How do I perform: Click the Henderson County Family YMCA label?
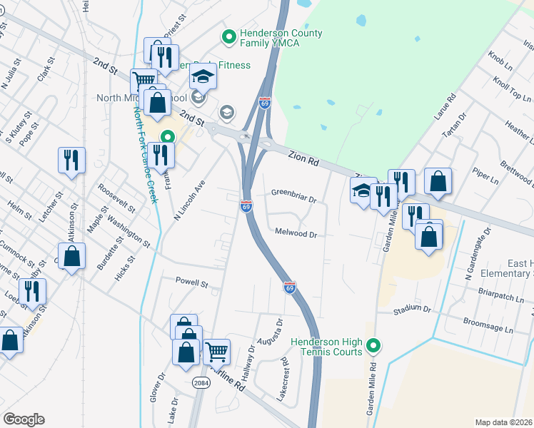click(x=281, y=39)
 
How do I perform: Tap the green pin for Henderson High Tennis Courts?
click(x=372, y=347)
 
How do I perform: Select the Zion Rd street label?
click(x=303, y=158)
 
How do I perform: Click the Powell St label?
click(x=191, y=282)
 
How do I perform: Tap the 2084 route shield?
click(x=201, y=383)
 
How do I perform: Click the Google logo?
click(x=24, y=419)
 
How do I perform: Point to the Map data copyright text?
click(x=503, y=422)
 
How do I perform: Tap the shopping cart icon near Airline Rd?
click(x=216, y=351)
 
